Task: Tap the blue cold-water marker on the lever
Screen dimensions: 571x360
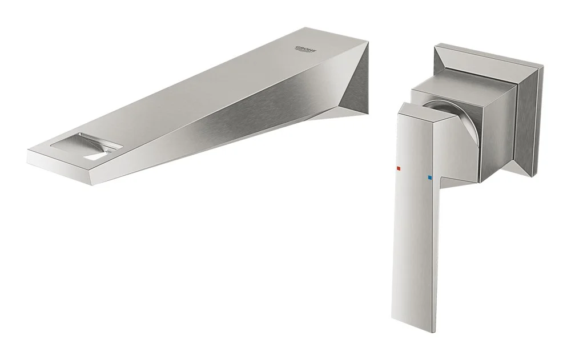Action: [430, 178]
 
